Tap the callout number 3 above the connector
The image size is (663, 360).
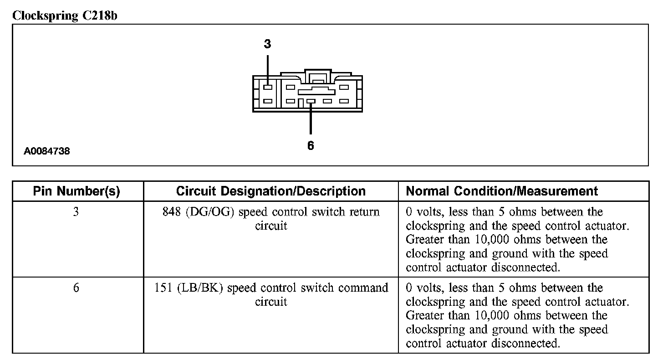click(267, 44)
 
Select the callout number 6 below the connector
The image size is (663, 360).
click(311, 146)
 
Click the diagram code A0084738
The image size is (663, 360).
click(47, 151)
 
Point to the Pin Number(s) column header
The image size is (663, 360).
click(76, 191)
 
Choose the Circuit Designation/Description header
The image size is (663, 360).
click(270, 191)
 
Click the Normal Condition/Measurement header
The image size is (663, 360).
click(502, 191)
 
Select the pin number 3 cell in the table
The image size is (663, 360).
click(76, 212)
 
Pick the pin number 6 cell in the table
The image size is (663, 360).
click(76, 288)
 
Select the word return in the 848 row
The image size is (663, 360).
click(364, 212)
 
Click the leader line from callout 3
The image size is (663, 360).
click(268, 68)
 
